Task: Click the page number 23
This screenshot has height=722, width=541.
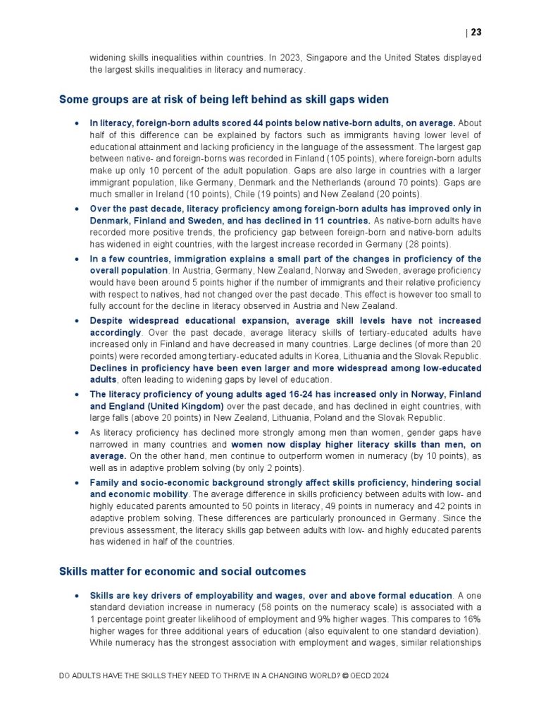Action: pos(476,32)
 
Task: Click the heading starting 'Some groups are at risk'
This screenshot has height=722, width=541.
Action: pos(223,99)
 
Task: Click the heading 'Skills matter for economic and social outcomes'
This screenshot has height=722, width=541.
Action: pos(182,571)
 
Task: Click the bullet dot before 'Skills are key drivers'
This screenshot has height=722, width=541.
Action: pos(76,596)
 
